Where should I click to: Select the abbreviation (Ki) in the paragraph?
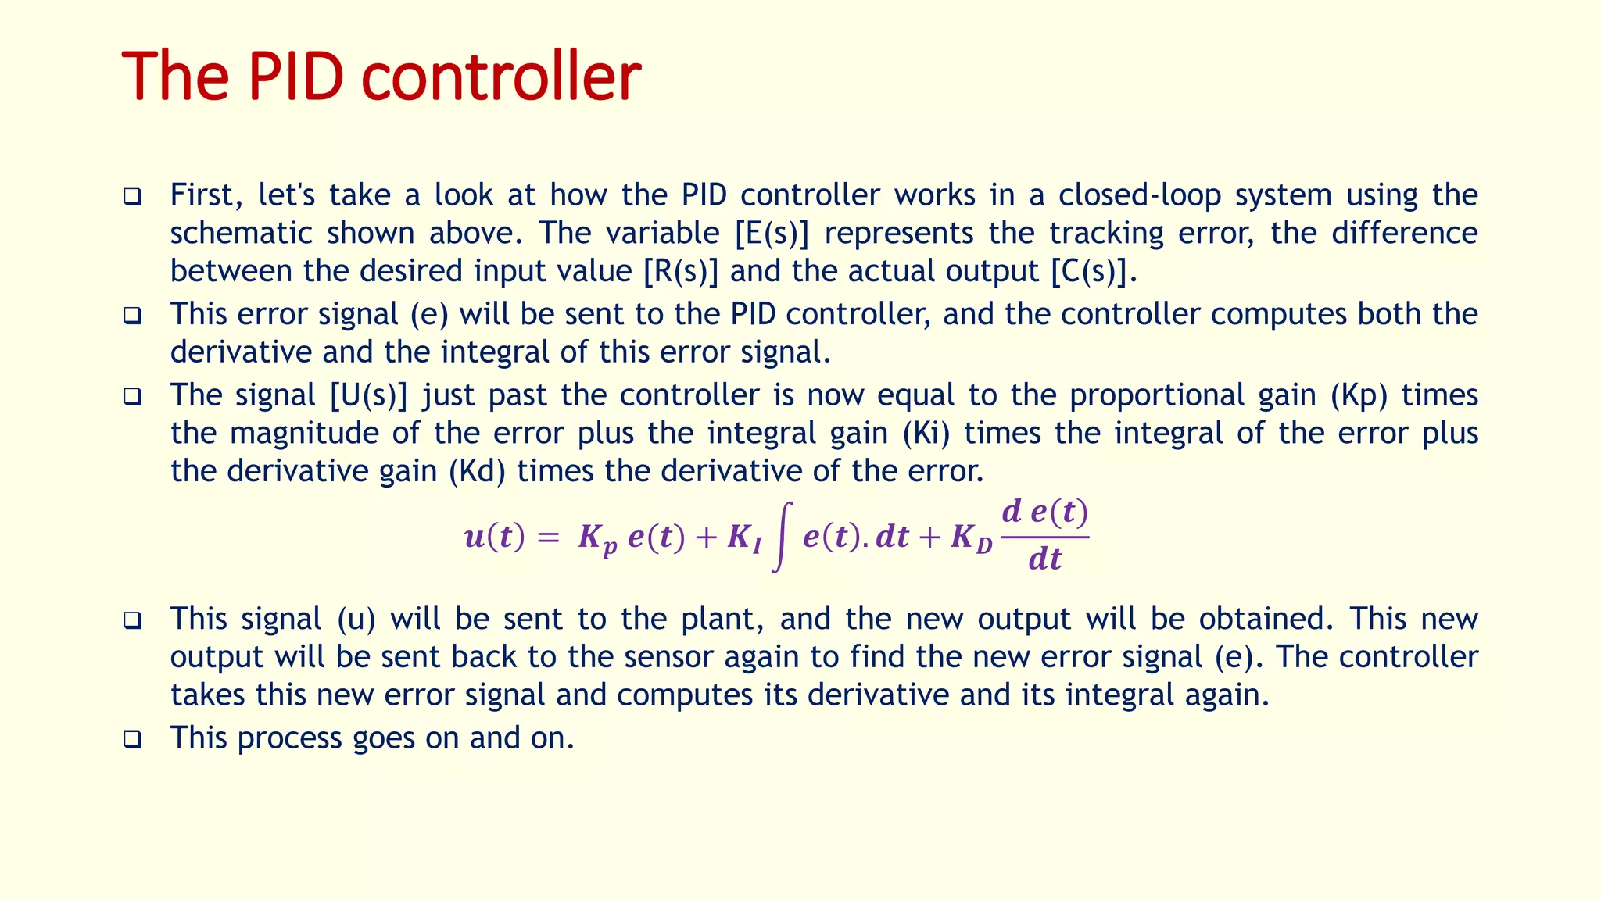click(x=926, y=433)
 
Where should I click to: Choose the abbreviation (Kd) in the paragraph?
click(x=477, y=471)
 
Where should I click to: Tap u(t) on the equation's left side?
click(x=494, y=537)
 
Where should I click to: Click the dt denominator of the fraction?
click(x=1045, y=559)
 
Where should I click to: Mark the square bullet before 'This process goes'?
click(x=133, y=739)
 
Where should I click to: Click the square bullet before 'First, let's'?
click(x=133, y=196)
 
